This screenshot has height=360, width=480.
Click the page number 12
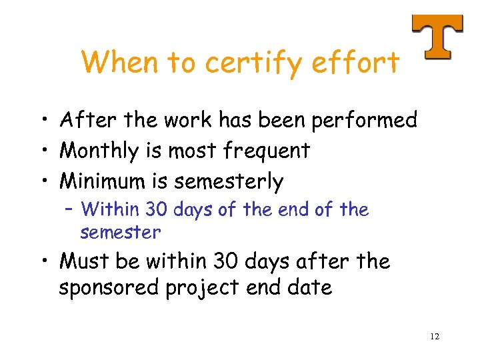435,337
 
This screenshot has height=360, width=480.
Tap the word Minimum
105,181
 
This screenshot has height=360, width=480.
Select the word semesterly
229,181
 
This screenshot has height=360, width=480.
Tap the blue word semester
121,233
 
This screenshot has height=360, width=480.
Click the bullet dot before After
43,121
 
